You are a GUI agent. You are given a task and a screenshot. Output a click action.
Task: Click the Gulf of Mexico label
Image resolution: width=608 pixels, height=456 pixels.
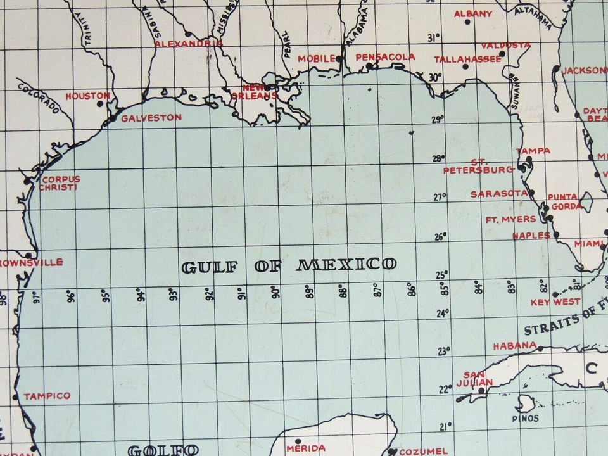(289, 265)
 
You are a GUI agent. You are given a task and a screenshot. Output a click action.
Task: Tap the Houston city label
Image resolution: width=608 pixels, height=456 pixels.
(88, 96)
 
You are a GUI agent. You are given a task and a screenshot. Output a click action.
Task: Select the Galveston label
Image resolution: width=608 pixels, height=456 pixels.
(151, 117)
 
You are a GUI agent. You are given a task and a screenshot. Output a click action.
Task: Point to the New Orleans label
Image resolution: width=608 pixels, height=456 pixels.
(260, 92)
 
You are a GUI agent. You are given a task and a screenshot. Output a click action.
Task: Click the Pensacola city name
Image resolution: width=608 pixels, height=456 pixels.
(386, 57)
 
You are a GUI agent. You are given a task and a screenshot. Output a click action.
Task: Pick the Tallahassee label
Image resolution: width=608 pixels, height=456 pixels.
(459, 59)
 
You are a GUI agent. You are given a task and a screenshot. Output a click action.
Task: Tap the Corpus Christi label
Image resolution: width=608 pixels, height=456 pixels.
(60, 183)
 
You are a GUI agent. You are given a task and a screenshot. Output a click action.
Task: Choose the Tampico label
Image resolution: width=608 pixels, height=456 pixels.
(47, 396)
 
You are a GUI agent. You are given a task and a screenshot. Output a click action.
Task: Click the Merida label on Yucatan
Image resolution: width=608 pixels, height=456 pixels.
(305, 448)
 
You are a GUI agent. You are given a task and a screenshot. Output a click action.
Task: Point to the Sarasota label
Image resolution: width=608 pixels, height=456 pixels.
(498, 194)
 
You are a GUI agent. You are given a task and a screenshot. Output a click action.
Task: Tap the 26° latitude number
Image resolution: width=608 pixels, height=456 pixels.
(440, 237)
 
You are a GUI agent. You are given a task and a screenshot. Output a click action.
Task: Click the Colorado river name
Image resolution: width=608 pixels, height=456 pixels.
(39, 99)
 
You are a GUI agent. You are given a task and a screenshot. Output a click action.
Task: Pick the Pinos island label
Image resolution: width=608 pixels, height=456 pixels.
(526, 419)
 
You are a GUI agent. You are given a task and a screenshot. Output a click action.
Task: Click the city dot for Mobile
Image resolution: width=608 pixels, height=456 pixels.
(339, 59)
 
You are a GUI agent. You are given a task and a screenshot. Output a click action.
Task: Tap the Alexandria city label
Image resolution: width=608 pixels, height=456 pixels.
(189, 43)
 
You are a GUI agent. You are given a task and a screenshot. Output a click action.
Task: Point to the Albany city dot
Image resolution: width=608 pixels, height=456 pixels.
(467, 22)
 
